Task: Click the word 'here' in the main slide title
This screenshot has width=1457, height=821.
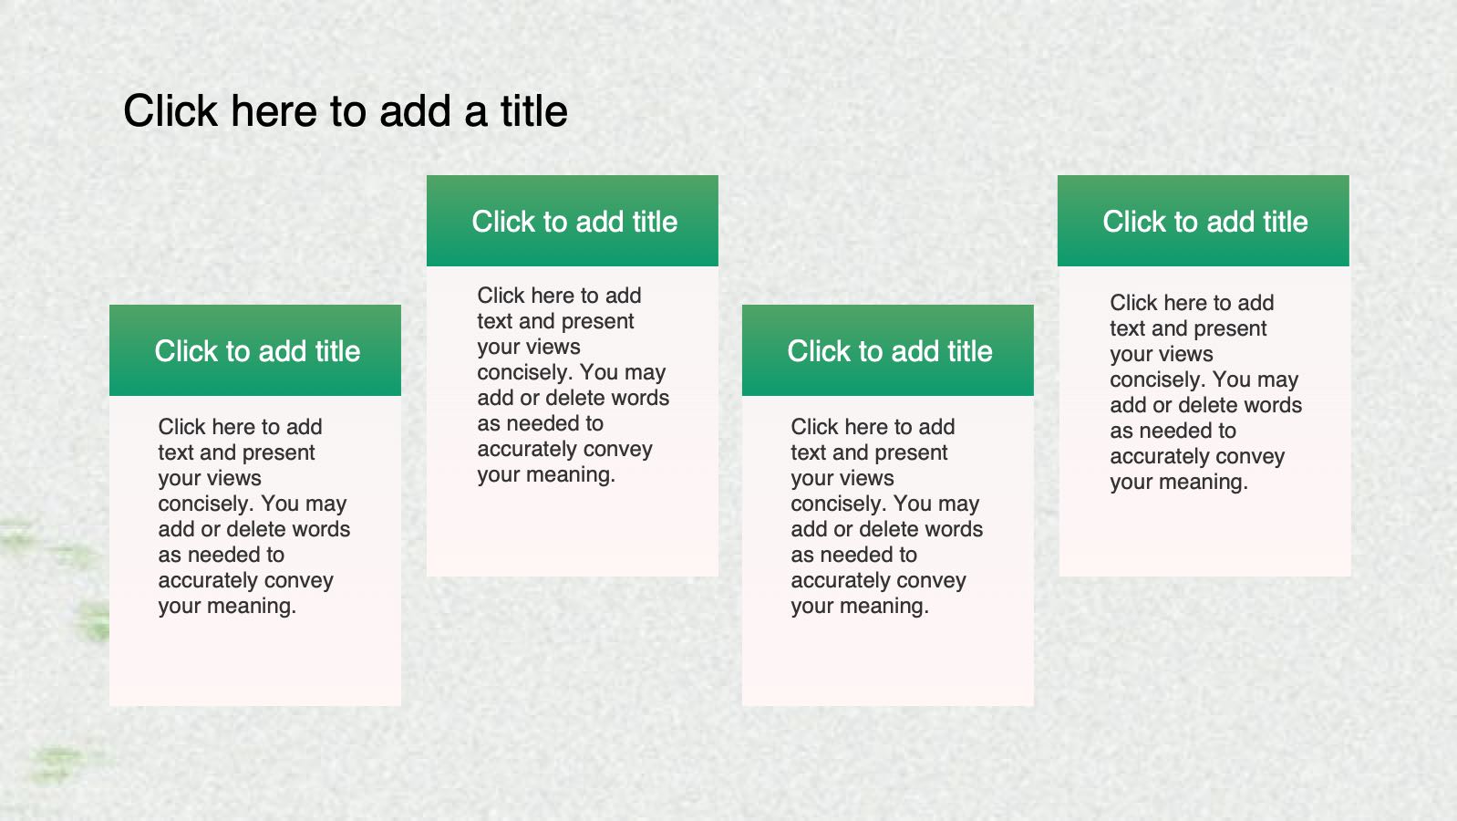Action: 274,110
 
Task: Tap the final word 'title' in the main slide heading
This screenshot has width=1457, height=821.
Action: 534,110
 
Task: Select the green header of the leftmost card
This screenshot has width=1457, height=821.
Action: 255,350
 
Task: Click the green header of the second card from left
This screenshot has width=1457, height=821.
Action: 573,221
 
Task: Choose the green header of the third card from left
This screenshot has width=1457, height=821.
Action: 888,350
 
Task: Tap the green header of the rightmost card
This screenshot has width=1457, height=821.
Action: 1204,221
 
